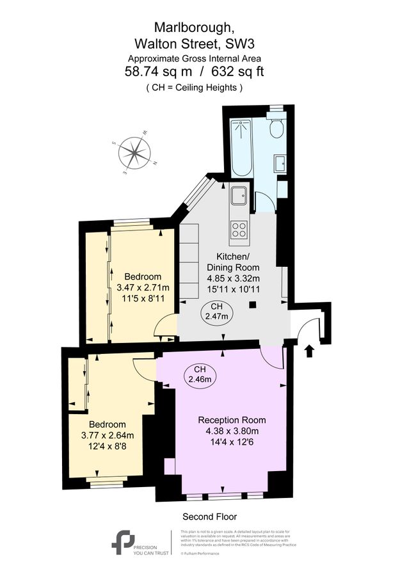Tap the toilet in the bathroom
[x=276, y=128]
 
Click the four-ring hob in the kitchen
[x=240, y=229]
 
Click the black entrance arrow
[x=310, y=351]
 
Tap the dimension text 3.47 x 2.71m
[x=143, y=287]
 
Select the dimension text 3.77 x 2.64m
[x=108, y=435]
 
